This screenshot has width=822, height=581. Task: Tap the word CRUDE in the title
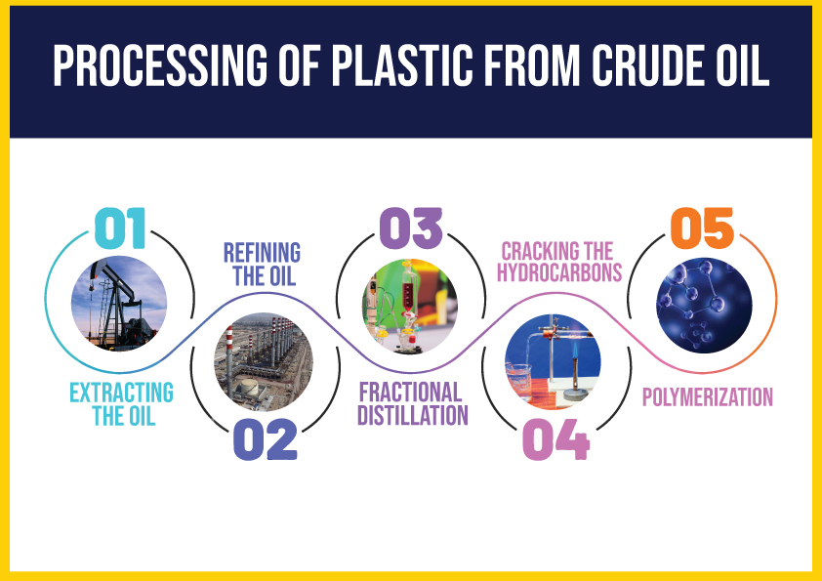(x=649, y=65)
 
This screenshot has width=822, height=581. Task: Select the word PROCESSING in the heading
(x=160, y=65)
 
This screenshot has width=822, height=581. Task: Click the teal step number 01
(x=120, y=228)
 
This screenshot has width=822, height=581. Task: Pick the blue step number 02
(x=266, y=439)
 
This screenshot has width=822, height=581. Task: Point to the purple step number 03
(x=411, y=228)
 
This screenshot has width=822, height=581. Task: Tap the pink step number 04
(x=556, y=439)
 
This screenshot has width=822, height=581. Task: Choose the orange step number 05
(x=702, y=228)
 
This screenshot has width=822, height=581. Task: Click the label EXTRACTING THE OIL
(x=122, y=404)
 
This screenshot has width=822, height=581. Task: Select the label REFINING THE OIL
(x=262, y=265)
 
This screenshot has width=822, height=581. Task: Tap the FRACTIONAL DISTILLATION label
(x=413, y=403)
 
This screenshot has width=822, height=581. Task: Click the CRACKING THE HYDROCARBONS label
(x=559, y=262)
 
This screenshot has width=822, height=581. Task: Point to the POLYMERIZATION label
(x=708, y=397)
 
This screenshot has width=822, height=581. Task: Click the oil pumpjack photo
(x=119, y=304)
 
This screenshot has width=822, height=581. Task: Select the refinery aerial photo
(x=264, y=362)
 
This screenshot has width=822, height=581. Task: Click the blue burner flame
(x=575, y=349)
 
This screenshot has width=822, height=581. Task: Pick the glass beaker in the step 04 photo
(x=518, y=381)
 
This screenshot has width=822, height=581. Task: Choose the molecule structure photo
(x=704, y=305)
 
